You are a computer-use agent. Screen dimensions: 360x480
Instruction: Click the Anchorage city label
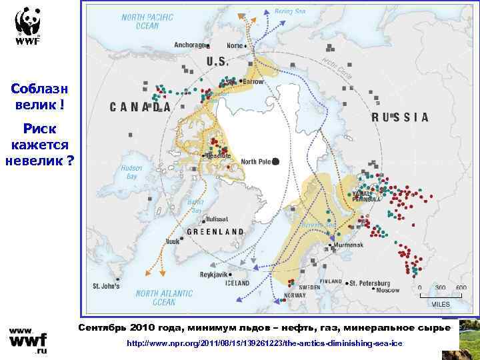(189, 45)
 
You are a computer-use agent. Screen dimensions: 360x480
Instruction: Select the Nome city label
(235, 46)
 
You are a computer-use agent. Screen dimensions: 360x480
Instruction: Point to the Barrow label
(253, 81)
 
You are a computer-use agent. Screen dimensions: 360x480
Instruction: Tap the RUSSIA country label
(400, 117)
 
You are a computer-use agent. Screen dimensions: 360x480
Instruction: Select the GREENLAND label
(215, 232)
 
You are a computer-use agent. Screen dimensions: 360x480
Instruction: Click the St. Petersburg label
(373, 282)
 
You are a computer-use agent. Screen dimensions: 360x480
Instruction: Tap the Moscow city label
(387, 291)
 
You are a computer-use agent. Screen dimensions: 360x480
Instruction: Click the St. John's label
(105, 286)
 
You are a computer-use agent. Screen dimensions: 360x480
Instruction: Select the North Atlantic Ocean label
(164, 297)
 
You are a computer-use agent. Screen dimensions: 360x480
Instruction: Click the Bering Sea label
(291, 11)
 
